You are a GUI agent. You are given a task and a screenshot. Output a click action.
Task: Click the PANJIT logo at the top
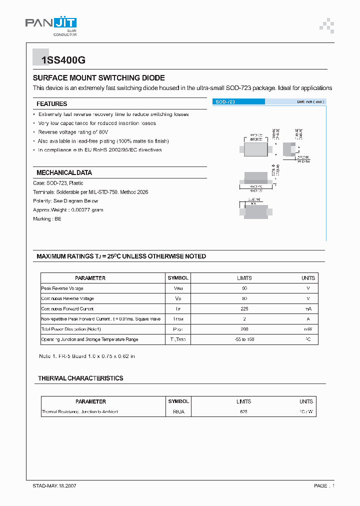(50, 23)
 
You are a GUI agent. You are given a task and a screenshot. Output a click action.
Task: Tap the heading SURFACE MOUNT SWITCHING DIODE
(98, 78)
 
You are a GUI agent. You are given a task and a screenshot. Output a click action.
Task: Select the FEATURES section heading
(51, 104)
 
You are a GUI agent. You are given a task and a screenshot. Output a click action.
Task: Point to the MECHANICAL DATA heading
(64, 172)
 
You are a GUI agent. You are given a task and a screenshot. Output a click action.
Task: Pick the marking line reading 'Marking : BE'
(47, 219)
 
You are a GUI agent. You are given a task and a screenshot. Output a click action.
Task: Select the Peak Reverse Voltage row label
(62, 288)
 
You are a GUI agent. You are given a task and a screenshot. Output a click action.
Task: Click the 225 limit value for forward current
(244, 309)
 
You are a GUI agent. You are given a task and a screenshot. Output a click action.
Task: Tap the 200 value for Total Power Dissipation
(244, 329)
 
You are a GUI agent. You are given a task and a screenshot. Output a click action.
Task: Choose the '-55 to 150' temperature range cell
(244, 339)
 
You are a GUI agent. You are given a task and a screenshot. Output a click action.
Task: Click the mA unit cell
(308, 309)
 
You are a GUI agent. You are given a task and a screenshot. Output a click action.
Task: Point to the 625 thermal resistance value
(243, 412)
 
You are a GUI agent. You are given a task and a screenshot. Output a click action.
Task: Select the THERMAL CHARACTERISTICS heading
(80, 378)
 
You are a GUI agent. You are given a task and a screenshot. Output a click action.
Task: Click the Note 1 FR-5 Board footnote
(87, 356)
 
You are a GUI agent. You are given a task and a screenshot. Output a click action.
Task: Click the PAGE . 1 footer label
(324, 486)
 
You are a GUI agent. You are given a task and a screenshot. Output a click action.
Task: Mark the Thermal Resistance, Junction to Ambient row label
(79, 412)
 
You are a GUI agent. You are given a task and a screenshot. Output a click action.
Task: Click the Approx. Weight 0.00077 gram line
(68, 210)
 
